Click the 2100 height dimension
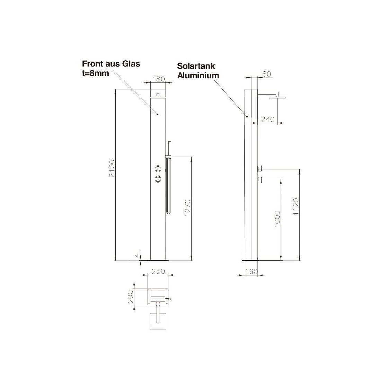(x=112, y=168)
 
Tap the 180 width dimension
(x=159, y=79)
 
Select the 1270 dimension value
(x=188, y=208)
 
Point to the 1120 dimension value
(x=296, y=206)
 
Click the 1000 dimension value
(x=277, y=219)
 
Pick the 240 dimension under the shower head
(x=268, y=119)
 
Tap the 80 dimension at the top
(x=267, y=74)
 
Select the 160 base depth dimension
(x=252, y=272)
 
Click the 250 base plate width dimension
(x=158, y=271)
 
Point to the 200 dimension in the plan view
(x=130, y=297)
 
